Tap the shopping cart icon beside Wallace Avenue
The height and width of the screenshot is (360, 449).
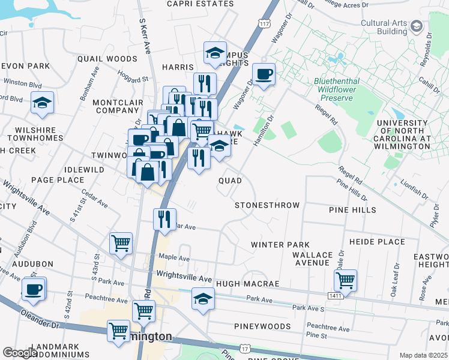345,280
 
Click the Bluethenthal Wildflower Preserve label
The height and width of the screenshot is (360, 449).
337,89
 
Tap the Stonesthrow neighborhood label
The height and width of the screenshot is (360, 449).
267,205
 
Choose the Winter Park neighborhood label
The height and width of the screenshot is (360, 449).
280,245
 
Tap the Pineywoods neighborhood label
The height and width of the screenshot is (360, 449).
262,327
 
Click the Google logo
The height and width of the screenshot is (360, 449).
20,352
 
